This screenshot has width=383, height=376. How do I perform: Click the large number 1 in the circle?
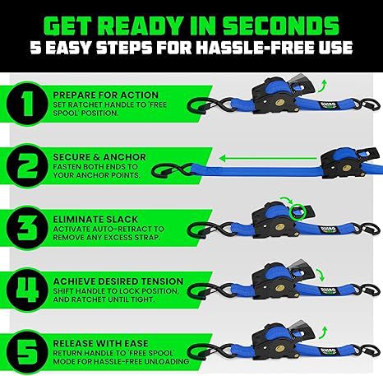pos(27,104)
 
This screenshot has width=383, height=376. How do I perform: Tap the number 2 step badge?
pos(27,166)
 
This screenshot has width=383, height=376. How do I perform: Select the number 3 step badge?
pos(27,228)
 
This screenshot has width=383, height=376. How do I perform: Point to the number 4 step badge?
pos(27,290)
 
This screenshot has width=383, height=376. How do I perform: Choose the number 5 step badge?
pos(27,352)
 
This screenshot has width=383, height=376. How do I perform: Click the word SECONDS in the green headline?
pos(281,26)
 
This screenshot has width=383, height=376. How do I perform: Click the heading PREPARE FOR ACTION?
pos(106,95)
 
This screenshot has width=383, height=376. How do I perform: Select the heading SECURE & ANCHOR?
pos(99,157)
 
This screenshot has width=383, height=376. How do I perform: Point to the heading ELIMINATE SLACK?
pos(95,220)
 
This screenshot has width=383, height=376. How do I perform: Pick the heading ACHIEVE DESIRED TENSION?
pos(118,281)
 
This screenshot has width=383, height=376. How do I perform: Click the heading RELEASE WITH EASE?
pos(100,343)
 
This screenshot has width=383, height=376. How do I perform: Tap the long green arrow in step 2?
pos(268,159)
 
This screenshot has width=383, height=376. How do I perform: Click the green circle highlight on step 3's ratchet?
pos(298,212)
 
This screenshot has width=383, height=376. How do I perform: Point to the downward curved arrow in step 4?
pos(321,275)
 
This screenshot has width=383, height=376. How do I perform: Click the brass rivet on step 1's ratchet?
pos(279,103)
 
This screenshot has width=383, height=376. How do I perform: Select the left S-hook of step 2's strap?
pos(172,171)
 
